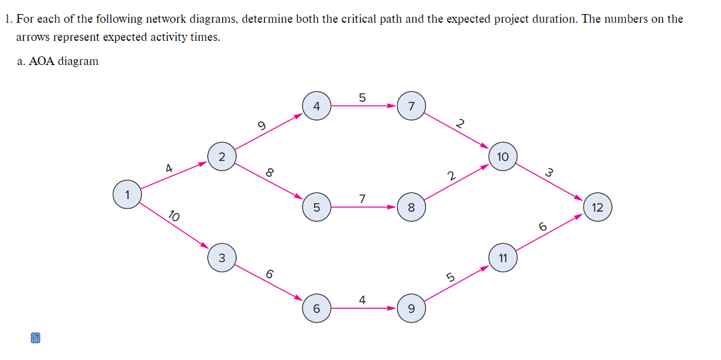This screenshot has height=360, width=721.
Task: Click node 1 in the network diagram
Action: tap(126, 194)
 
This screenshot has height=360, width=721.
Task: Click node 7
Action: tap(411, 106)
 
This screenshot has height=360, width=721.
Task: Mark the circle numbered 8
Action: tap(411, 207)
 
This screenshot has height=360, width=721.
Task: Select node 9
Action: tap(411, 308)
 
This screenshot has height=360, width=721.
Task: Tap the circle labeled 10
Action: tap(503, 156)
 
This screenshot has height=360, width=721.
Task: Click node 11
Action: tap(503, 258)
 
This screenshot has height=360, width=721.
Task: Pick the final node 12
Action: tap(598, 207)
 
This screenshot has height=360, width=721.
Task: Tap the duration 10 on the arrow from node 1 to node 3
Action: tap(173, 216)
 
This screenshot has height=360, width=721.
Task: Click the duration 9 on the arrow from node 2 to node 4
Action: tap(262, 125)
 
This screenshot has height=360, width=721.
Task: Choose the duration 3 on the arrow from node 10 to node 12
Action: tap(549, 172)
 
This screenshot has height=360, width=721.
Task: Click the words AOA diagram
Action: tap(64, 61)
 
